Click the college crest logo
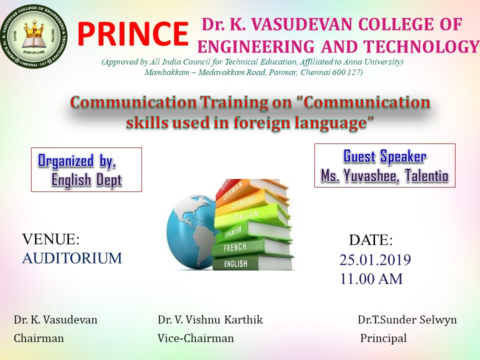pyautogui.click(x=33, y=36)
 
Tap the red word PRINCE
pyautogui.click(x=132, y=33)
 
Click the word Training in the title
pyautogui.click(x=231, y=102)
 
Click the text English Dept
pyautogui.click(x=87, y=179)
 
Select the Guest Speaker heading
pyautogui.click(x=385, y=156)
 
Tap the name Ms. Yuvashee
pyautogui.click(x=359, y=175)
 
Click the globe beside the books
pyautogui.click(x=191, y=232)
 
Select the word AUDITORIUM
pyautogui.click(x=72, y=258)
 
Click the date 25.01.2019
pyautogui.click(x=375, y=260)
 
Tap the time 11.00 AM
pyautogui.click(x=371, y=279)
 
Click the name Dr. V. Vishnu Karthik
pyautogui.click(x=210, y=319)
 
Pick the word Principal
pyautogui.click(x=383, y=338)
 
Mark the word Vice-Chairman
pyautogui.click(x=195, y=338)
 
